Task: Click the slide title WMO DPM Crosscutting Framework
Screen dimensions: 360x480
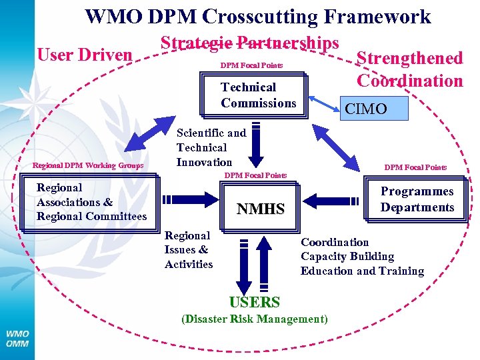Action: point(258,17)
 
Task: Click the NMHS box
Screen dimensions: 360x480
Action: point(261,209)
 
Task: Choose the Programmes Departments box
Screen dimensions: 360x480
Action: point(417,199)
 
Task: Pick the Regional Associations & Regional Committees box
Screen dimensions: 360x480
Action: point(91,202)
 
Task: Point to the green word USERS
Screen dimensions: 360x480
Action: point(254,302)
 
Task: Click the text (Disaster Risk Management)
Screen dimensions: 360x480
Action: point(255,319)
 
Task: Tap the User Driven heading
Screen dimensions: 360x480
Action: point(85,55)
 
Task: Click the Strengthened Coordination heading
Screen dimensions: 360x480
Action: point(409,69)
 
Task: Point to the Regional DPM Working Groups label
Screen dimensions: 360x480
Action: point(87,165)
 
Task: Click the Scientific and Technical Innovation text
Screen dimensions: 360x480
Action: point(211,147)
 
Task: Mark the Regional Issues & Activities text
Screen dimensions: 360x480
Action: point(189,250)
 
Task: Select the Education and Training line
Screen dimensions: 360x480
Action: point(362,271)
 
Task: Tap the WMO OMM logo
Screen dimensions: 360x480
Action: point(17,339)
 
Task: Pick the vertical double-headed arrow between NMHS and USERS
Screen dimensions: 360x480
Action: point(264,263)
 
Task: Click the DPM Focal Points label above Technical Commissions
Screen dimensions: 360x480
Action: point(251,66)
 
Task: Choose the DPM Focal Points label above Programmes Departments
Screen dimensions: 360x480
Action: point(415,167)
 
